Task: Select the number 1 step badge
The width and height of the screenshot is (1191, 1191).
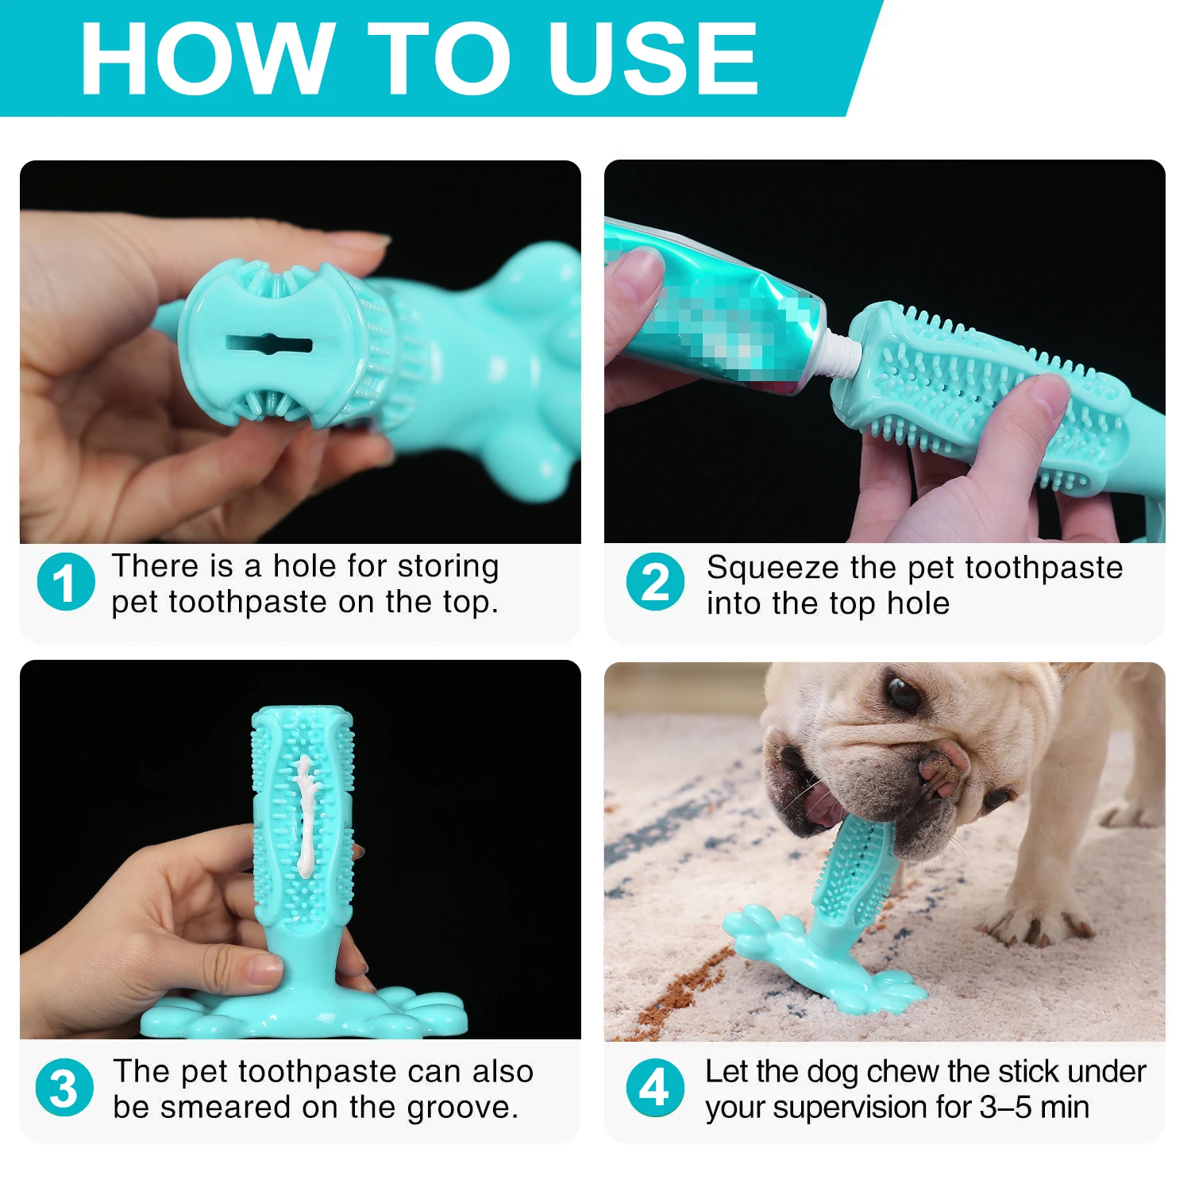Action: pos(65,582)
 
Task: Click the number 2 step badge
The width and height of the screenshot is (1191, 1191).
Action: pos(655,582)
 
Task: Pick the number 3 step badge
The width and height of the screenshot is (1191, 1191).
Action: pos(65,1088)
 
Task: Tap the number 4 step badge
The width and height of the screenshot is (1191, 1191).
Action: pos(655,1088)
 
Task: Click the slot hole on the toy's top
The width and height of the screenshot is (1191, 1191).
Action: pos(269,345)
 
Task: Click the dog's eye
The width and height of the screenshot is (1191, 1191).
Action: pos(903,692)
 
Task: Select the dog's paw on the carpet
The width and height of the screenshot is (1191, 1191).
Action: pos(1036,921)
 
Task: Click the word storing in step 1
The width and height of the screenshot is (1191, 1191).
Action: pos(449,568)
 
